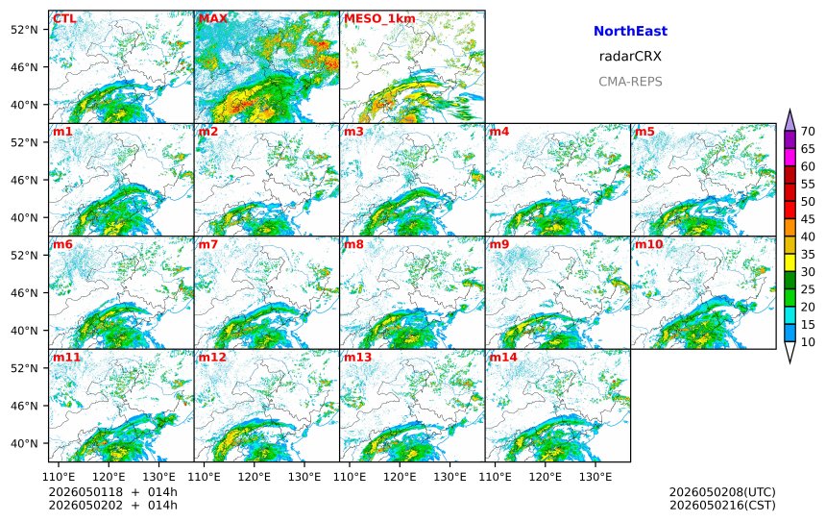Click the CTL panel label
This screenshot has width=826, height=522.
pos(64,19)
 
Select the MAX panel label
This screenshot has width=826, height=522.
pos(213,19)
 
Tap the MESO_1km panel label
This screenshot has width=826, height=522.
pos(379,19)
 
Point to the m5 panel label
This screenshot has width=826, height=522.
pos(644,132)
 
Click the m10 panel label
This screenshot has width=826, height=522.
pos(648,244)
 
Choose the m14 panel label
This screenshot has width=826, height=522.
pos(503,357)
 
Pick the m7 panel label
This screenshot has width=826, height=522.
pos(208,244)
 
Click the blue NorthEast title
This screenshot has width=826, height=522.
pos(630,31)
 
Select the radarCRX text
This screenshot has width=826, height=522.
pos(630,57)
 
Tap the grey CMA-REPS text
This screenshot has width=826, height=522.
pos(630,82)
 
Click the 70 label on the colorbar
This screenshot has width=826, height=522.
pos(808,132)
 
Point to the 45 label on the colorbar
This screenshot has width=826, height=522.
pos(808,219)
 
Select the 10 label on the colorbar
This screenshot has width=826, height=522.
pos(808,342)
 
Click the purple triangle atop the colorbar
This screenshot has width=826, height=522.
pos(790,121)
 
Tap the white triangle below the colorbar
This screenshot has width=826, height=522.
pos(790,351)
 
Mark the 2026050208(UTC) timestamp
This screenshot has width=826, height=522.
pos(722,492)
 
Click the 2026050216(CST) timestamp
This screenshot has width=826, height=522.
pos(722,505)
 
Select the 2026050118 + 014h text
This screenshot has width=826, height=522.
pos(112,492)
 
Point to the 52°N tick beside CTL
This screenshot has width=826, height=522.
pos(24,30)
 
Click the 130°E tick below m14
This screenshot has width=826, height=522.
pos(595,477)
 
